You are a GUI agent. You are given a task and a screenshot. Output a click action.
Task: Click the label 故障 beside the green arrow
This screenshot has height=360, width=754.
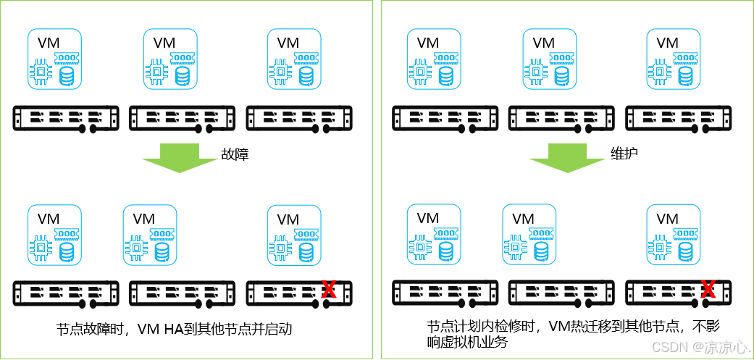pos(235,154)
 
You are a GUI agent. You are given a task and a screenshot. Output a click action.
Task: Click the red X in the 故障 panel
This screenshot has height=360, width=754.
pos(328,290)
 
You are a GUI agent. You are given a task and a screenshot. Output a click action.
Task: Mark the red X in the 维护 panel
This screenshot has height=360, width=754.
pos(708,290)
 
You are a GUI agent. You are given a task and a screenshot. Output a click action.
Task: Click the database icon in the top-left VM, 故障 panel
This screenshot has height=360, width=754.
pos(67,75)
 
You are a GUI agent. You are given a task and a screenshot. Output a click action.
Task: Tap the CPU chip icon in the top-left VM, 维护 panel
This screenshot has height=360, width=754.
pos(421,72)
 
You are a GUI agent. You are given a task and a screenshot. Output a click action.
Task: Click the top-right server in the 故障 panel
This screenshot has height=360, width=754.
pos(299,118)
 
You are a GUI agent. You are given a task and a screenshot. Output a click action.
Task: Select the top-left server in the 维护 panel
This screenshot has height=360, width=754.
pos(445,118)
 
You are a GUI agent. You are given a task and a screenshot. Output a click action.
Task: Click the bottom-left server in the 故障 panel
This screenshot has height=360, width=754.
pos(66,293)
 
